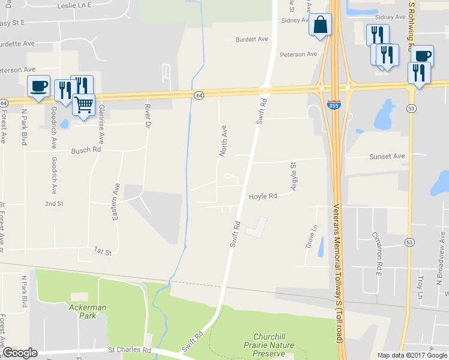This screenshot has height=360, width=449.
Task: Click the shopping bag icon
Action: [x=320, y=25]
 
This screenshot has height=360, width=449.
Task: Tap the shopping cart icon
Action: [x=84, y=104]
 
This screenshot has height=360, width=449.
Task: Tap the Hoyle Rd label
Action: [x=263, y=196]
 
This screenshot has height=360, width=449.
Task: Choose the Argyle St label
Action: [x=294, y=176]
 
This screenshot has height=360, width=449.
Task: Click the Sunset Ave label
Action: [x=387, y=156]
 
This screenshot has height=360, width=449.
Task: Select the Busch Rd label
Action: [x=86, y=151]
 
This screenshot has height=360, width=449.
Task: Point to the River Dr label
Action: [x=148, y=116]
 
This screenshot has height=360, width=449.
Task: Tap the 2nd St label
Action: [x=54, y=204]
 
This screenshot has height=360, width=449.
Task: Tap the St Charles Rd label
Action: [x=130, y=349]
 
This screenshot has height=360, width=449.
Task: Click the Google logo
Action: [x=20, y=353]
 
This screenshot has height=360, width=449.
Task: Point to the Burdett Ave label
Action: [x=252, y=39]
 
